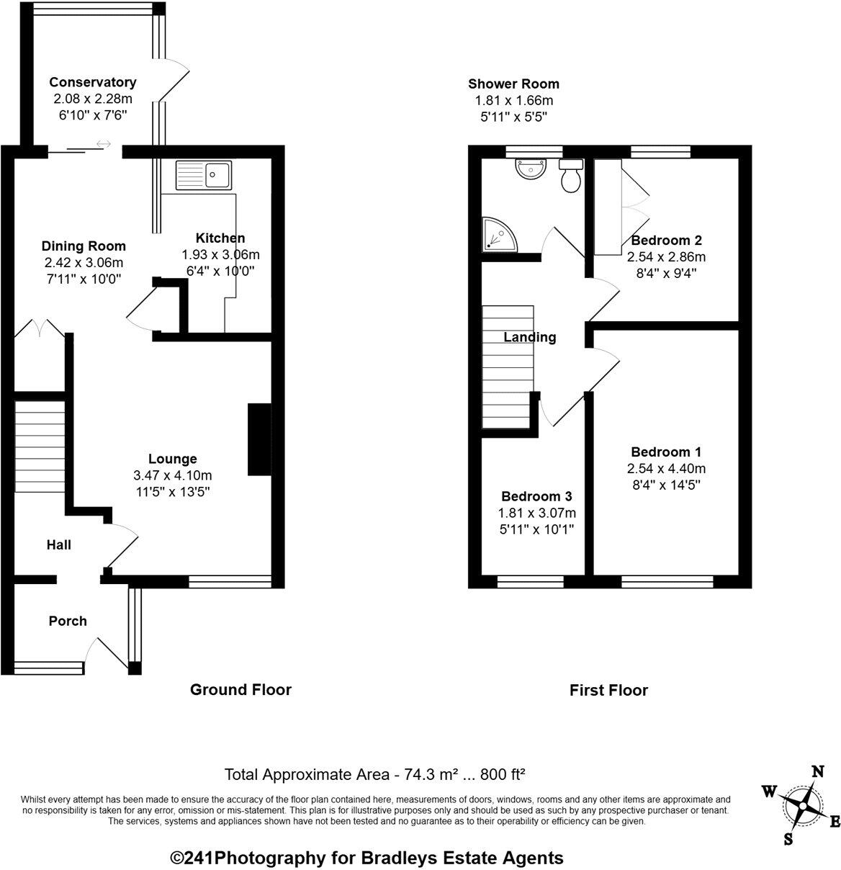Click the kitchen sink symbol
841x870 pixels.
pyautogui.click(x=204, y=174)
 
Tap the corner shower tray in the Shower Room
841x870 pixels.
pyautogui.click(x=498, y=234)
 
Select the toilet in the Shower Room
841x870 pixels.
pyautogui.click(x=571, y=175)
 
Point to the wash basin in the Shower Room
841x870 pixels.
pyautogui.click(x=531, y=169)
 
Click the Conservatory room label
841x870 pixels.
pyautogui.click(x=92, y=82)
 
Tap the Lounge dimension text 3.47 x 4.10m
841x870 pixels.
pyautogui.click(x=172, y=475)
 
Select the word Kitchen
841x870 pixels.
pyautogui.click(x=220, y=238)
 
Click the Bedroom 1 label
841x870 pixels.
pyautogui.click(x=665, y=452)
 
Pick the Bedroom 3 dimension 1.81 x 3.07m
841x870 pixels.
pyautogui.click(x=536, y=513)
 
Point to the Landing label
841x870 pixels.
pyautogui.click(x=529, y=337)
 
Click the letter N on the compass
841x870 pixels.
pyautogui.click(x=817, y=771)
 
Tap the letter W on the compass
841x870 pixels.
pyautogui.click(x=769, y=792)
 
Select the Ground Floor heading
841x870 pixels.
pyautogui.click(x=240, y=690)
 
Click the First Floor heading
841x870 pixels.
pyautogui.click(x=608, y=691)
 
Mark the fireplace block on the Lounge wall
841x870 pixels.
pyautogui.click(x=259, y=439)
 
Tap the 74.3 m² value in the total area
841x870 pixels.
pyautogui.click(x=423, y=775)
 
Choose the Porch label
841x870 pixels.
pyautogui.click(x=68, y=621)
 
